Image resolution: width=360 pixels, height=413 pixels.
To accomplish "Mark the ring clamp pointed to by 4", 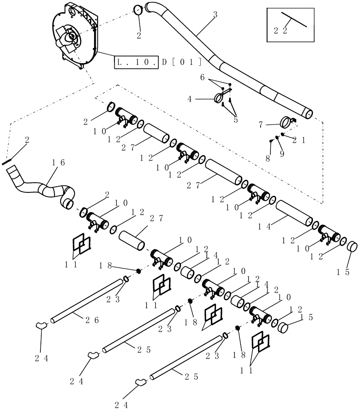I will pos(219,98).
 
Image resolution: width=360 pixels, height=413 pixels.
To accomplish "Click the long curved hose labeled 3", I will pos(248,74).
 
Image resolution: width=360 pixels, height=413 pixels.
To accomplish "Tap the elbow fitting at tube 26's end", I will pos(42,325).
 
